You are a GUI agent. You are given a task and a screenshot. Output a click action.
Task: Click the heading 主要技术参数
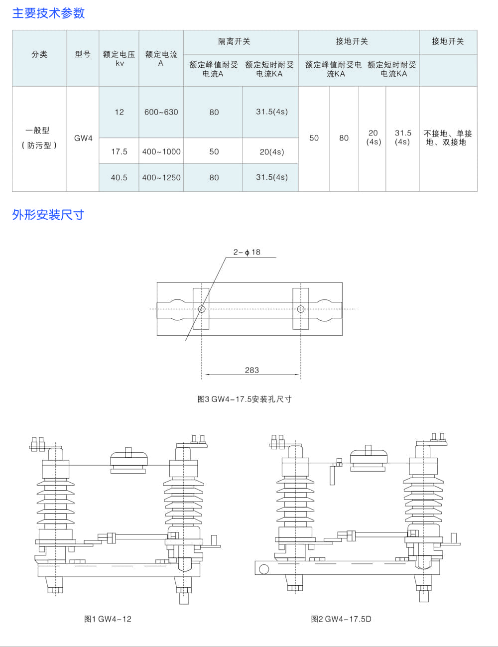pyautogui.click(x=48, y=13)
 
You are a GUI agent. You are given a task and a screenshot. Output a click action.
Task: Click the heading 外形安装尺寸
pyautogui.click(x=48, y=215)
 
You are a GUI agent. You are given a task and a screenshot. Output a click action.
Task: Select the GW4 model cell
pyautogui.click(x=83, y=138)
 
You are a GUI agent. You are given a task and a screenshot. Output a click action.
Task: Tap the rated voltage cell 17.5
pyautogui.click(x=119, y=151)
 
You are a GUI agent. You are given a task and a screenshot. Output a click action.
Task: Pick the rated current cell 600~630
pyautogui.click(x=161, y=112)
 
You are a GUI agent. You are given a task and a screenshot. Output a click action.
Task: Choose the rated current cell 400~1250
pyautogui.click(x=161, y=177)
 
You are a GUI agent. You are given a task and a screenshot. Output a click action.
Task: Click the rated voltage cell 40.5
pyautogui.click(x=119, y=177)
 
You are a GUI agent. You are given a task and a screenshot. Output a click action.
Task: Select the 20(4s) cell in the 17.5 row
pyautogui.click(x=271, y=151)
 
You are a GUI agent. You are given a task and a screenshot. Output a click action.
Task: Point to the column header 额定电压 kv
pyautogui.click(x=119, y=58)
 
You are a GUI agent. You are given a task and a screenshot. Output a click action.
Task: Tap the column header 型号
pyautogui.click(x=83, y=54)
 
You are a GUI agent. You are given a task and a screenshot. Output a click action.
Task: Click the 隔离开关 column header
pyautogui.click(x=234, y=41)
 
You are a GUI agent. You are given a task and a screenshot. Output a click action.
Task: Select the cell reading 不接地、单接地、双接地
pyautogui.click(x=448, y=138)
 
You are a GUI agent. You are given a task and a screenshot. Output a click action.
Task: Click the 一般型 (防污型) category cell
pyautogui.click(x=39, y=138)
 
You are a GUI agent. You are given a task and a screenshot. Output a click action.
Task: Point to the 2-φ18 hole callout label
pyautogui.click(x=247, y=252)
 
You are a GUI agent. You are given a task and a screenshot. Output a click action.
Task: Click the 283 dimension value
pyautogui.click(x=252, y=370)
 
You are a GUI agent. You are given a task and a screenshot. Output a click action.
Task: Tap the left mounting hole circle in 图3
pyautogui.click(x=202, y=309)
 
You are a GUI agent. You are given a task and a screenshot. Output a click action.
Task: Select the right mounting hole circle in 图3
pyautogui.click(x=300, y=309)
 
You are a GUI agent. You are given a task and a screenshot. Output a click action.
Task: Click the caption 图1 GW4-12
pyautogui.click(x=108, y=619)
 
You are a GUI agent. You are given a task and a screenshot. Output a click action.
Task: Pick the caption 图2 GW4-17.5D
pyautogui.click(x=341, y=619)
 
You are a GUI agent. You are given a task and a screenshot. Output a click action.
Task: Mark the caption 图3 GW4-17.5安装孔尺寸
pyautogui.click(x=245, y=399)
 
